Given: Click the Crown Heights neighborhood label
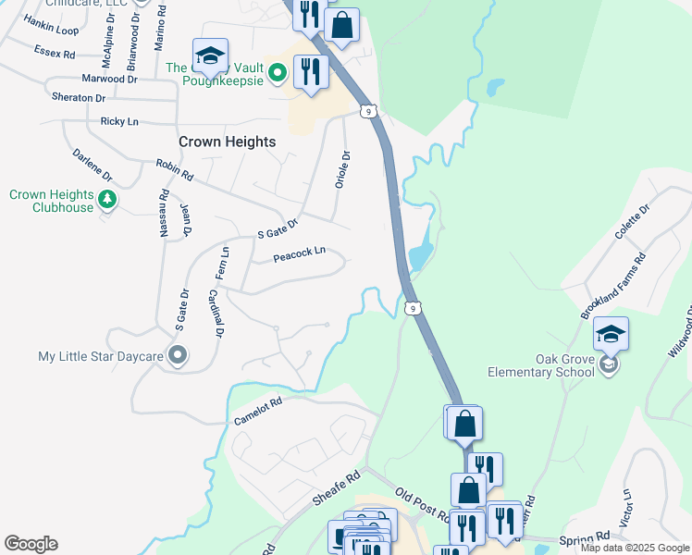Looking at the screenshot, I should (x=227, y=142).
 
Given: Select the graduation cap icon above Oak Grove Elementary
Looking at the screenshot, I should (x=611, y=335).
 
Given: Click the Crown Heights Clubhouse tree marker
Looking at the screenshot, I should (x=107, y=199).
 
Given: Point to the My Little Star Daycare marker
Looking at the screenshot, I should (x=179, y=355).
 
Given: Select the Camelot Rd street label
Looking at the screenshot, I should (x=257, y=408).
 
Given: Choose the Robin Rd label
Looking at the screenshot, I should (x=174, y=169).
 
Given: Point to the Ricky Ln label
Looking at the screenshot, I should (x=119, y=121).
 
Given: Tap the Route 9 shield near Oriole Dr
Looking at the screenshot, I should (x=369, y=111).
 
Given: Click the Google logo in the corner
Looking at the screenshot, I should (x=31, y=544).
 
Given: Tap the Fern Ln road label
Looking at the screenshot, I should (x=222, y=264).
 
